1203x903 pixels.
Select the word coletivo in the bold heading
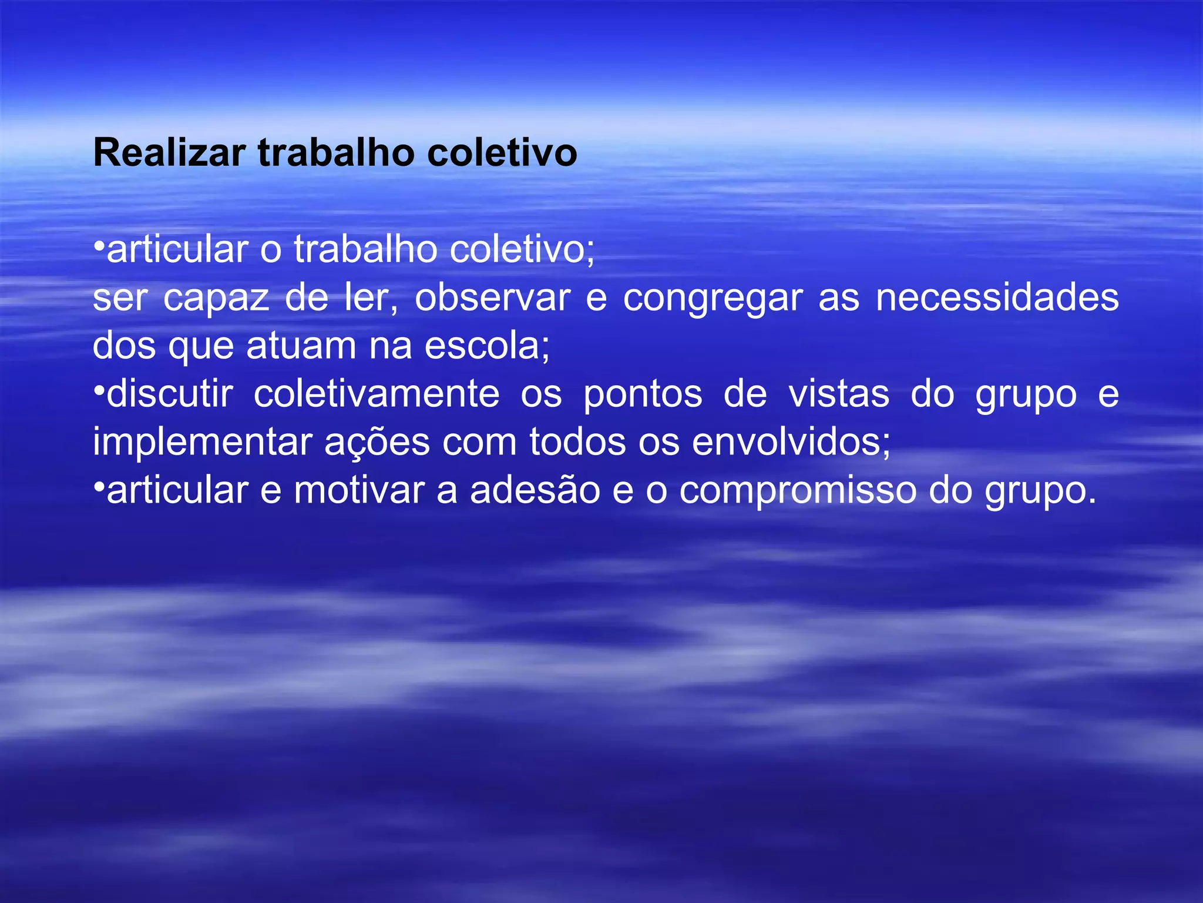point(502,153)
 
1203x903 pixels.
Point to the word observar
point(492,298)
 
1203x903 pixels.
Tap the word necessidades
point(997,298)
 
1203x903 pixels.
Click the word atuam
point(301,346)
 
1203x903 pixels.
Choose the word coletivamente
point(377,394)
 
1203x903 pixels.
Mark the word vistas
point(839,394)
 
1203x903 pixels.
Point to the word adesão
point(535,491)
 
